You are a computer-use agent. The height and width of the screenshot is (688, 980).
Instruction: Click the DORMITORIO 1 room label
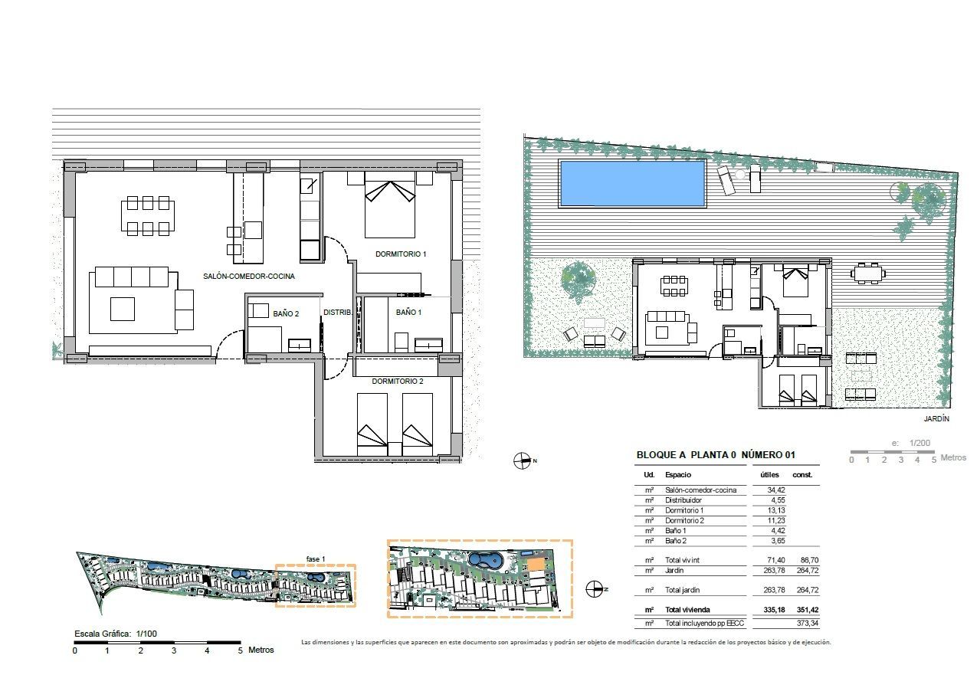pyautogui.click(x=400, y=254)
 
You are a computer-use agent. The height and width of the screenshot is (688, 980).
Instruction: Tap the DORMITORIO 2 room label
pyautogui.click(x=397, y=382)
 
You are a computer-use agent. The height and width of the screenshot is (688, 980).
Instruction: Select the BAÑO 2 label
pyautogui.click(x=286, y=313)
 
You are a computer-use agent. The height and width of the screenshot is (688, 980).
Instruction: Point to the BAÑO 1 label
pyautogui.click(x=408, y=313)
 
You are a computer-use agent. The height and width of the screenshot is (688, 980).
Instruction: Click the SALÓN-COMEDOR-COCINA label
pyautogui.click(x=249, y=277)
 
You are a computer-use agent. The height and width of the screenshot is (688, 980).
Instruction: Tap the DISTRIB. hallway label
pyautogui.click(x=337, y=313)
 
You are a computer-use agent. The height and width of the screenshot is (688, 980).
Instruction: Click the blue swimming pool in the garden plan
pyautogui.click(x=633, y=183)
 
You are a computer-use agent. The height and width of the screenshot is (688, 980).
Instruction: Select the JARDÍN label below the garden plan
pyautogui.click(x=936, y=419)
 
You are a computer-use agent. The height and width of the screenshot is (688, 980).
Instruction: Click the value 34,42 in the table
pyautogui.click(x=776, y=490)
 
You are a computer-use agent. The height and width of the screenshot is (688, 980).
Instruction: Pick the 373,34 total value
pyautogui.click(x=808, y=624)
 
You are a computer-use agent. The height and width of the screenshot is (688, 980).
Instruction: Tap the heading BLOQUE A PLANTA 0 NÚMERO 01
pyautogui.click(x=716, y=455)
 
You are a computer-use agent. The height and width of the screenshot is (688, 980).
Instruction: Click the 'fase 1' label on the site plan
pyautogui.click(x=316, y=559)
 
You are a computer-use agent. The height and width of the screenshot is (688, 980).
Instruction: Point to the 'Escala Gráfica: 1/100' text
pyautogui.click(x=116, y=634)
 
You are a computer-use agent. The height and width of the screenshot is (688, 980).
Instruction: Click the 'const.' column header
pyautogui.click(x=802, y=475)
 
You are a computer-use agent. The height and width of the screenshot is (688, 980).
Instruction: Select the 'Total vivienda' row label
pyautogui.click(x=687, y=610)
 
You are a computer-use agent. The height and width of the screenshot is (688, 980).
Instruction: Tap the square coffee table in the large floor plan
pyautogui.click(x=123, y=309)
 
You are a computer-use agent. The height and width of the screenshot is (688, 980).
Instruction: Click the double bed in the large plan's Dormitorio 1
pyautogui.click(x=390, y=205)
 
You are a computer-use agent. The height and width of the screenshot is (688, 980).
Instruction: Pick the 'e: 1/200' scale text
pyautogui.click(x=911, y=443)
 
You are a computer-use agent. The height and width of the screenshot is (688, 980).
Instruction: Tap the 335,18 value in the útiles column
pyautogui.click(x=775, y=610)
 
